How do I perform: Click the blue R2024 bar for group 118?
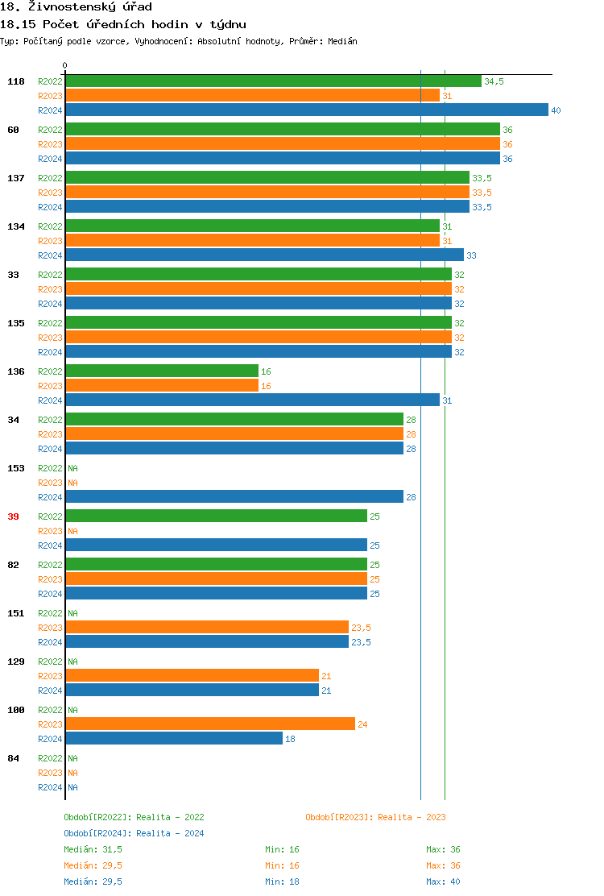[306, 110]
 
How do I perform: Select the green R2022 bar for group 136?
[162, 371]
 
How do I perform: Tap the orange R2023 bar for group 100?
[210, 724]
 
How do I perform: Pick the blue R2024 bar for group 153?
[234, 497]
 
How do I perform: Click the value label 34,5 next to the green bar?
[494, 81]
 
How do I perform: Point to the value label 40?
[556, 110]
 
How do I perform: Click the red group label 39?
[13, 516]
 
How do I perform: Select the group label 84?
[13, 758]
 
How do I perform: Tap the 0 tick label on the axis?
[65, 66]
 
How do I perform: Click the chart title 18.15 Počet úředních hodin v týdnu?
[123, 24]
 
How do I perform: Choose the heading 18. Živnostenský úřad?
[76, 6]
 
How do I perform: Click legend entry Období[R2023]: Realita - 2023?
[375, 817]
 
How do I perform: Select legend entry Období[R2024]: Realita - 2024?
[134, 833]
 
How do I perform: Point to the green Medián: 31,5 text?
[93, 849]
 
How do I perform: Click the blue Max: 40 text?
[443, 881]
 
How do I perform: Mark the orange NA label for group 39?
[72, 531]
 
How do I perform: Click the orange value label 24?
[362, 724]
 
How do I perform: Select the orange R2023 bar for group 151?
[207, 628]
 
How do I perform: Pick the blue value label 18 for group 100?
[290, 739]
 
